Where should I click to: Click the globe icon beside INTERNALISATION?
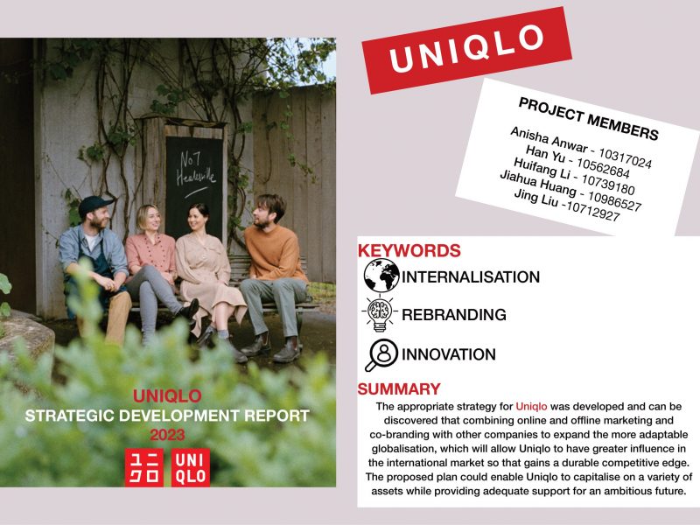381,276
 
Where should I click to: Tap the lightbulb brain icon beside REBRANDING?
380,313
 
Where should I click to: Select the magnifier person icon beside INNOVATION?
381,355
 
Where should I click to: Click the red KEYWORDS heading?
409,250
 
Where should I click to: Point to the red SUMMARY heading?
399,388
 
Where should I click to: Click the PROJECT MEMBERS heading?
588,119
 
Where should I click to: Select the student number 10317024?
625,158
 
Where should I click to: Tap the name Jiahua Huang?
538,183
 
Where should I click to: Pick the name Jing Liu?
535,198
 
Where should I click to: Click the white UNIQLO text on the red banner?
466,48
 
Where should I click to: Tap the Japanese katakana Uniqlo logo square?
143,467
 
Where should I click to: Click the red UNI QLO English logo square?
191,467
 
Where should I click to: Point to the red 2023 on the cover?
167,435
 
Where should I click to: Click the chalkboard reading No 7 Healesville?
193,183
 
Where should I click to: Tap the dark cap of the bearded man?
94,205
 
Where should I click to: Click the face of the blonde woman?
150,220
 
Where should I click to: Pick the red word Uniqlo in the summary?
531,406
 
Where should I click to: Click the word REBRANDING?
454,314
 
